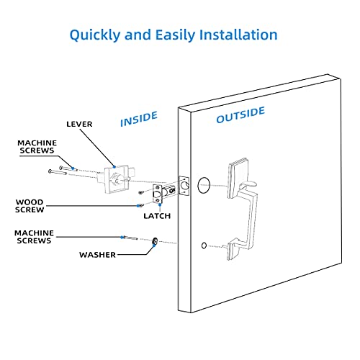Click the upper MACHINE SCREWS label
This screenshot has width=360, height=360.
tap(37, 147)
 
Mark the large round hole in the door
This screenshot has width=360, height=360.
tap(204, 184)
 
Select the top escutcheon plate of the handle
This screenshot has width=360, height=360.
tap(237, 172)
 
